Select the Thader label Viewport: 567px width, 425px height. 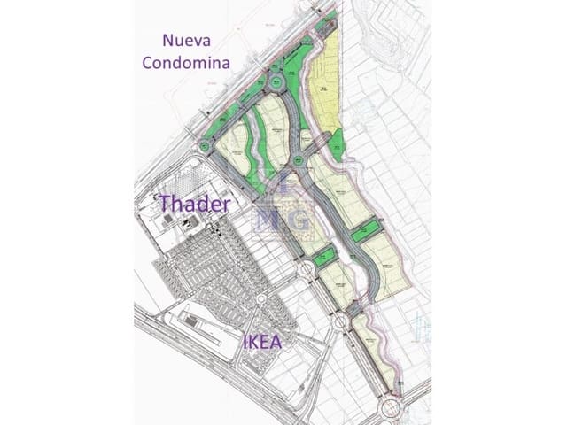point(194,204)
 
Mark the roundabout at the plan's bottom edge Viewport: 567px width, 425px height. point(390,407)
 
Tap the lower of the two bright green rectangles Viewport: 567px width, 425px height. point(322,259)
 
